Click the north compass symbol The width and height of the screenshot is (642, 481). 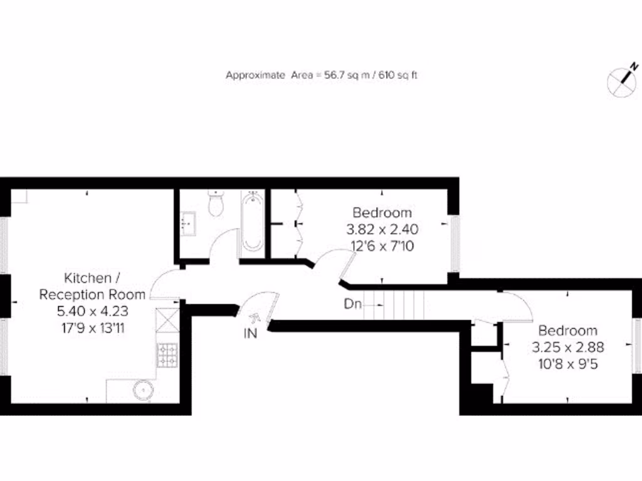(623, 80)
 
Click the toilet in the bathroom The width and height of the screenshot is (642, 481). (216, 204)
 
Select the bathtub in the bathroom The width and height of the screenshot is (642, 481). (252, 222)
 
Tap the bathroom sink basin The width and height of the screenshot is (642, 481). (187, 221)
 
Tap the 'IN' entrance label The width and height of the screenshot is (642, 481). (250, 334)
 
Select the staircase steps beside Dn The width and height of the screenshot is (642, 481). (402, 305)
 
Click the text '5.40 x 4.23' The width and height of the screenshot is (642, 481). (93, 310)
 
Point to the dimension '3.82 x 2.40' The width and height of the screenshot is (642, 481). (382, 229)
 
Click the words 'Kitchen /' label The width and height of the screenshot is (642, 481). (88, 277)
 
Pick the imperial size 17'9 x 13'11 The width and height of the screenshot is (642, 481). (93, 327)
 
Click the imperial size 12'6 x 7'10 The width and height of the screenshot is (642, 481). (382, 246)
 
